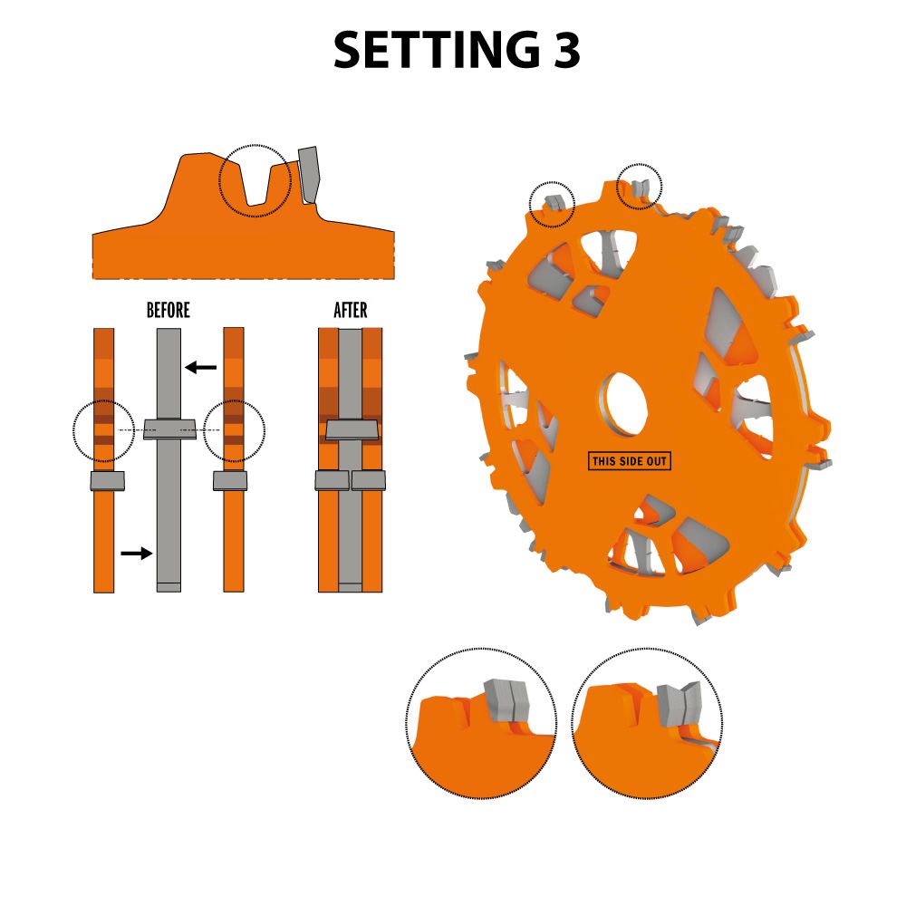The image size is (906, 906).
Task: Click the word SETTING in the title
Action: (x=433, y=50)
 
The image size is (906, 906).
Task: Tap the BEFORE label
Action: (x=169, y=310)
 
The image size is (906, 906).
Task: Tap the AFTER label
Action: (x=350, y=310)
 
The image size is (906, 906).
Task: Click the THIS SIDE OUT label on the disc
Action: (x=630, y=461)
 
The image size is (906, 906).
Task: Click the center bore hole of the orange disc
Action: (x=625, y=403)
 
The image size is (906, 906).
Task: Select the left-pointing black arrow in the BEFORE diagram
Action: (x=200, y=367)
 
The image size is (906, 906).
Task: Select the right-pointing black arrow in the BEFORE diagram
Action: (x=137, y=554)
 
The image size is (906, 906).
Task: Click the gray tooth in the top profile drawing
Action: (x=309, y=175)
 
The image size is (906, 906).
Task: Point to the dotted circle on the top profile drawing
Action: (x=255, y=181)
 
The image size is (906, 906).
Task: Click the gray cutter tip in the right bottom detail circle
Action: (x=679, y=704)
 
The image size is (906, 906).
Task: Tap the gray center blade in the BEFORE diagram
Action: (x=169, y=460)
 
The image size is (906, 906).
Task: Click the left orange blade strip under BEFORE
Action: (x=104, y=460)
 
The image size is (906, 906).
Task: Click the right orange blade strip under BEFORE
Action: (x=234, y=460)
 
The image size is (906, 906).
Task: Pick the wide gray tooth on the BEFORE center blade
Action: (x=170, y=429)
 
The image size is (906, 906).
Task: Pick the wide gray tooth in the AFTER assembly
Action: (x=352, y=429)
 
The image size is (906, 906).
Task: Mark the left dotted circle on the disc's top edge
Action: (x=553, y=204)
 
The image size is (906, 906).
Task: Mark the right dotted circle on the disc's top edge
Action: (x=639, y=187)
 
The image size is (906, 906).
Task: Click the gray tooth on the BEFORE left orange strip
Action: (x=108, y=481)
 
